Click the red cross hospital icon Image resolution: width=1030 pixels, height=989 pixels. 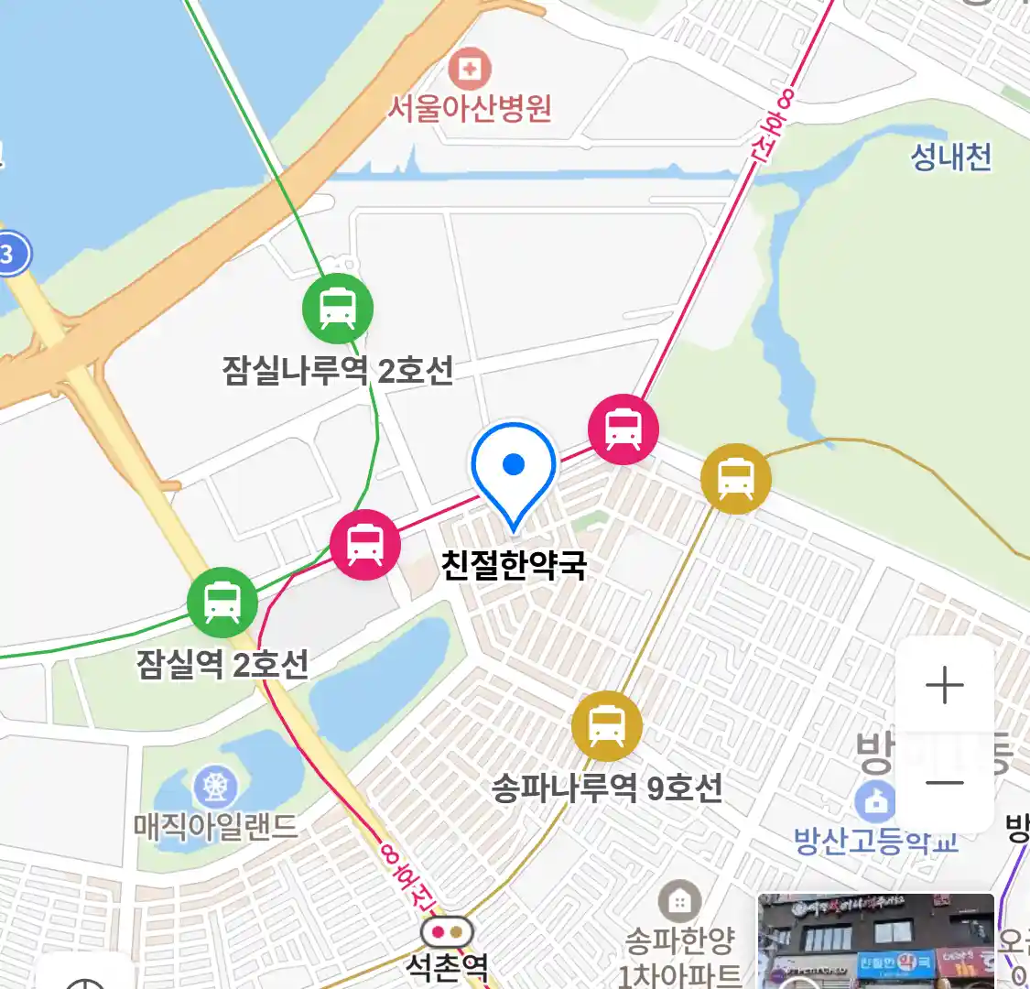tap(470, 69)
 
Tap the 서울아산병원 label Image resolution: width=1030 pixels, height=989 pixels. tap(470, 108)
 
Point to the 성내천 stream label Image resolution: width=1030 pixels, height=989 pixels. tap(950, 157)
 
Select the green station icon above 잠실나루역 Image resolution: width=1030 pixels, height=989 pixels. tap(338, 309)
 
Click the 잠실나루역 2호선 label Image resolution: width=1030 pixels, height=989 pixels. tap(338, 371)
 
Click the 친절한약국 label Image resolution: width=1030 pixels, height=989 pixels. tap(514, 563)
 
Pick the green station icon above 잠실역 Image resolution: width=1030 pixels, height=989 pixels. tap(222, 603)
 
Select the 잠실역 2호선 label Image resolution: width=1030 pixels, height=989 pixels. tap(222, 664)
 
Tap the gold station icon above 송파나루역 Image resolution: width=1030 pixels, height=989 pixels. tap(606, 726)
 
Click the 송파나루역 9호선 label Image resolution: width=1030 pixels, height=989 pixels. tap(606, 788)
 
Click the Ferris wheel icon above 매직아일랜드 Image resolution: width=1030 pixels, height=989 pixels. tap(215, 787)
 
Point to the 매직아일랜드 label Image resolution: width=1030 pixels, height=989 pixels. tap(215, 826)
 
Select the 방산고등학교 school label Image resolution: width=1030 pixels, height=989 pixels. tap(875, 841)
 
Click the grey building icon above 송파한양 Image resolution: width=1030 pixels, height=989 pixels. tap(679, 902)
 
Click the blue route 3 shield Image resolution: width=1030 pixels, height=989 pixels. tap(8, 254)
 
